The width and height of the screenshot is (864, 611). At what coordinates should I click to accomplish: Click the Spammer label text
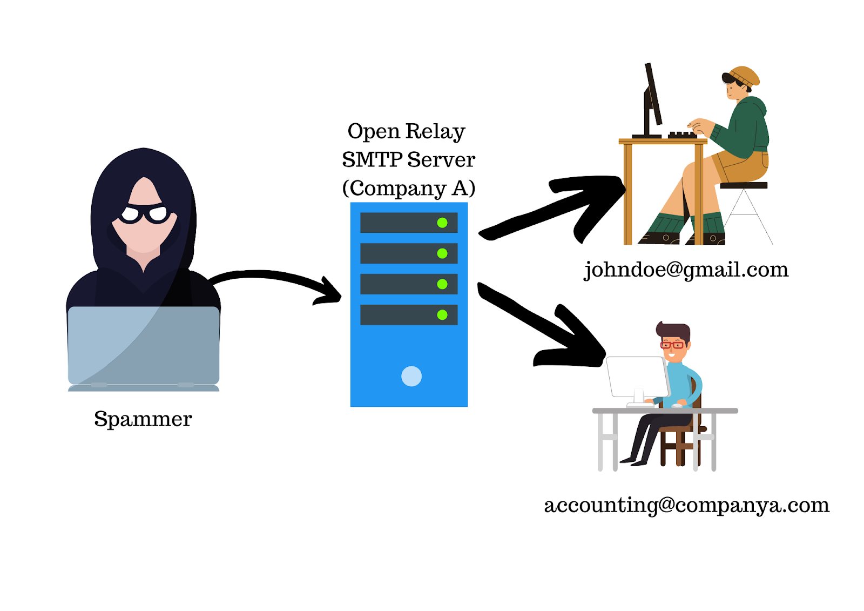click(143, 419)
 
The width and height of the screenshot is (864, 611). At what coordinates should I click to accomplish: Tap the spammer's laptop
click(144, 346)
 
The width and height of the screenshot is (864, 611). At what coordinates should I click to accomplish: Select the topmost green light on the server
click(442, 223)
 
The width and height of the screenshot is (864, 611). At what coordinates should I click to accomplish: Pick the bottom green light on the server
click(442, 314)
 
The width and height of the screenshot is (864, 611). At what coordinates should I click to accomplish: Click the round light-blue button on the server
click(411, 376)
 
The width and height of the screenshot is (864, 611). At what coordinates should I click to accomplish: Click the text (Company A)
click(409, 188)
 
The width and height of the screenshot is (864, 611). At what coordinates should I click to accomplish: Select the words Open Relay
click(406, 131)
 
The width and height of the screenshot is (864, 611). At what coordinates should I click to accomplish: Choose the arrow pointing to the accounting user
click(545, 324)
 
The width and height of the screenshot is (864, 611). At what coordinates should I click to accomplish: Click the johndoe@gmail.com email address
click(686, 270)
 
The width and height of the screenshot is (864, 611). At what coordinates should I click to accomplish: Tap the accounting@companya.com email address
click(686, 505)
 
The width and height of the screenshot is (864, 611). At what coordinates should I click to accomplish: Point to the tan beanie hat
click(745, 76)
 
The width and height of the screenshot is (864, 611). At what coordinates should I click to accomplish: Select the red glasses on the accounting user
click(672, 345)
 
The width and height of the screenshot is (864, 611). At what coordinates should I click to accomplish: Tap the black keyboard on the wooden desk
click(683, 135)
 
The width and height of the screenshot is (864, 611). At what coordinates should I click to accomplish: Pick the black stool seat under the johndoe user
click(744, 185)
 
